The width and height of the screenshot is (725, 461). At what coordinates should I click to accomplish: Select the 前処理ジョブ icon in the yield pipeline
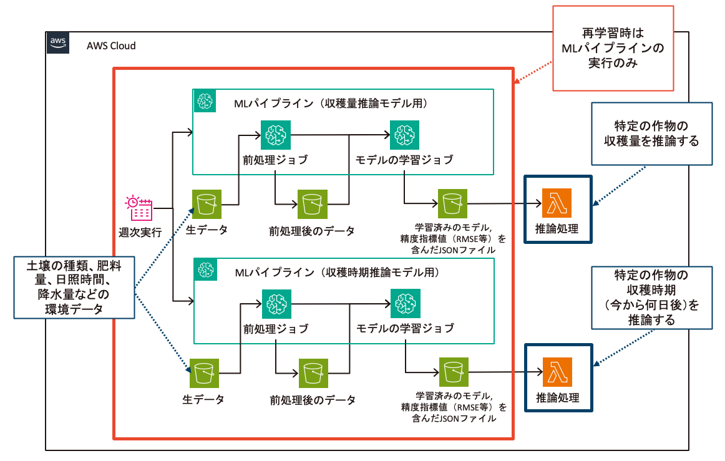click(x=275, y=133)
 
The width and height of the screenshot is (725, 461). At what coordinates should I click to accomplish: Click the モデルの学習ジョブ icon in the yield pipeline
click(x=404, y=133)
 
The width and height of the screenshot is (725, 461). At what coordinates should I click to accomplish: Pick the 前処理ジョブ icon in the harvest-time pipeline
click(x=275, y=304)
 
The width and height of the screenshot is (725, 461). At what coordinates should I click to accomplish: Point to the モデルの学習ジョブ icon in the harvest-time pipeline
click(x=404, y=304)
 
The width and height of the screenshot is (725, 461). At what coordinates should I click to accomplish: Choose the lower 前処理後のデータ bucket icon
click(x=312, y=373)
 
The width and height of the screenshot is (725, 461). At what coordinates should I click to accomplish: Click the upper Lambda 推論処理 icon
click(x=557, y=203)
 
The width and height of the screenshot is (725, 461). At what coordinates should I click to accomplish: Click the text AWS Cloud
click(x=110, y=46)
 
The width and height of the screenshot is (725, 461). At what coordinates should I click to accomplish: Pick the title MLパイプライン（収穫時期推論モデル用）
click(x=337, y=272)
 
